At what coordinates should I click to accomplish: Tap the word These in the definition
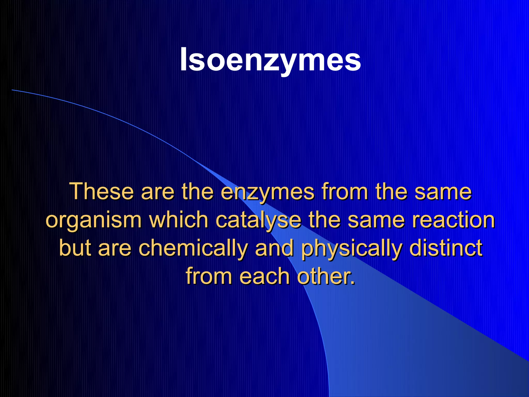coord(102,192)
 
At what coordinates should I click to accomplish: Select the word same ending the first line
coord(443,192)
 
